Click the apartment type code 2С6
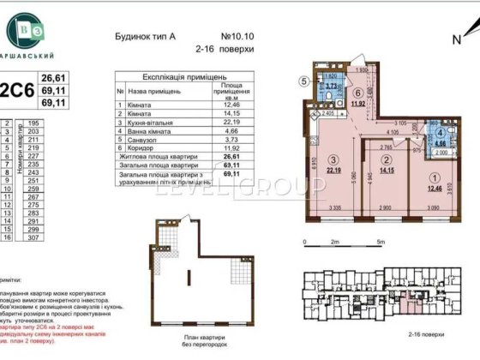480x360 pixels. tap(15, 88)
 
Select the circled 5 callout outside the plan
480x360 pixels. tap(303, 81)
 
